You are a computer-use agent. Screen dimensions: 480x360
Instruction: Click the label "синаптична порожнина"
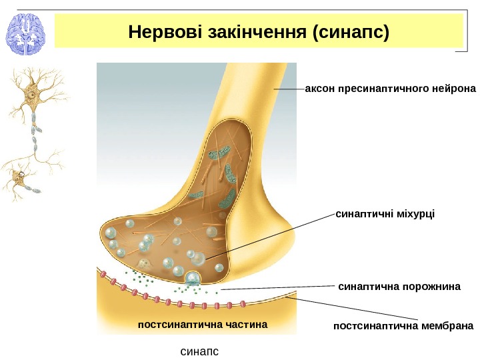400,287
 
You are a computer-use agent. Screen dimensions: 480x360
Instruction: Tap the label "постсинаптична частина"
201,325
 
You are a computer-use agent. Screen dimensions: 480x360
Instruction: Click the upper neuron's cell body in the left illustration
31,94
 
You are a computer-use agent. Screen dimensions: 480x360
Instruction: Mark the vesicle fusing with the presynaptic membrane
193,278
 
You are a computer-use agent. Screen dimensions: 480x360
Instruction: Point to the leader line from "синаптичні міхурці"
267,237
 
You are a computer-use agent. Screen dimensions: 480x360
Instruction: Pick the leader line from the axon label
288,88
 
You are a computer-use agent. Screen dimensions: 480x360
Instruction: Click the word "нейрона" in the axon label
455,88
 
